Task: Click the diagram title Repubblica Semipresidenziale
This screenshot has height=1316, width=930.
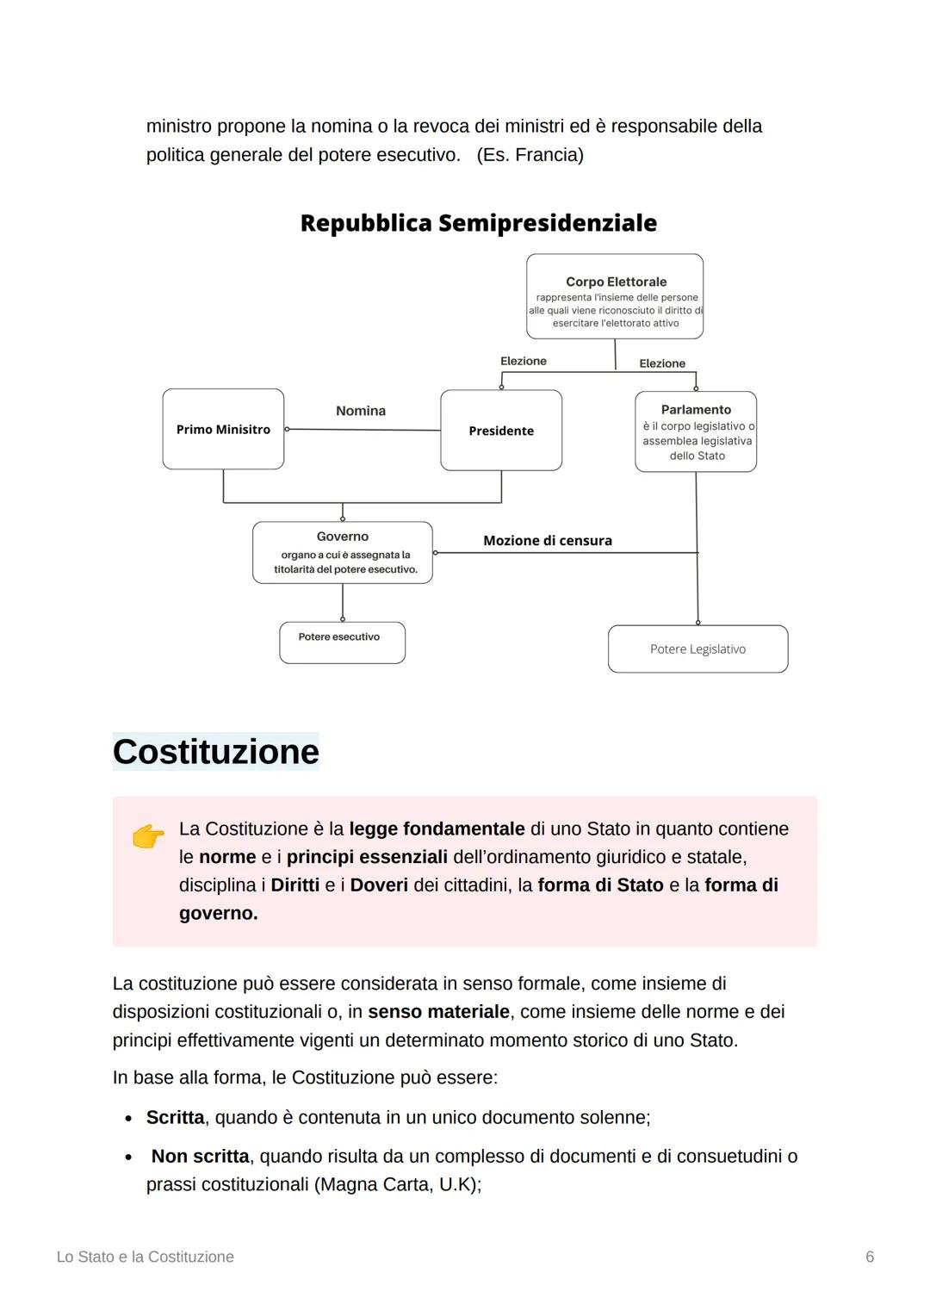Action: (478, 223)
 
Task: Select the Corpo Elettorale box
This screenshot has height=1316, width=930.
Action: (615, 296)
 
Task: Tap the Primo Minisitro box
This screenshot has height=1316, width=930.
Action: (223, 429)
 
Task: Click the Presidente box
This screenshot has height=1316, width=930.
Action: (501, 431)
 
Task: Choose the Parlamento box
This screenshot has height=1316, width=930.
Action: (696, 431)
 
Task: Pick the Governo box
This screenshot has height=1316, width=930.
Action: (343, 552)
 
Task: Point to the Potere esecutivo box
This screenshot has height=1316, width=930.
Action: (342, 642)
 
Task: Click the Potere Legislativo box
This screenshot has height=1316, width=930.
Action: (697, 649)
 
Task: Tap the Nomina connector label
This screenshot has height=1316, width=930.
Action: (361, 411)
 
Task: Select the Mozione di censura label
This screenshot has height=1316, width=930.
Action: (548, 541)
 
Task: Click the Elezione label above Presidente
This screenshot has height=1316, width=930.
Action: (524, 361)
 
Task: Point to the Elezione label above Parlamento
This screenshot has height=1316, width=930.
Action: (662, 363)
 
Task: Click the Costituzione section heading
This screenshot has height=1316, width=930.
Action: (215, 752)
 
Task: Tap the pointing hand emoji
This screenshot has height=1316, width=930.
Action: (148, 836)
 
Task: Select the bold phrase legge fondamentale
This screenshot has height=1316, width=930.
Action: (437, 829)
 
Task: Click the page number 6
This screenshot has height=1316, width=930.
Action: (870, 1257)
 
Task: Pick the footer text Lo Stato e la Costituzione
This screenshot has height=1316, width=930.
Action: (145, 1257)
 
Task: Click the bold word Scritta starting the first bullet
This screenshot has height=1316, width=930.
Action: (175, 1117)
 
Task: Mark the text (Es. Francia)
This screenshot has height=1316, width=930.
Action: (530, 155)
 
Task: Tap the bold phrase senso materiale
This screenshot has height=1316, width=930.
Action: (438, 1012)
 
